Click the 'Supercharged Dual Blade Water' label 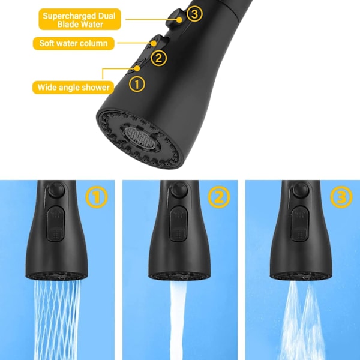point(80,19)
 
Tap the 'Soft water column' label point(73,43)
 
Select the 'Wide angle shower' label point(73,88)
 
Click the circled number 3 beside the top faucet point(194,14)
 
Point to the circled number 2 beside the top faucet point(158,58)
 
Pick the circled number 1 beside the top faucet point(137,84)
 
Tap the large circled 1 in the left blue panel point(97,197)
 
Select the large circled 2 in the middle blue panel point(219,197)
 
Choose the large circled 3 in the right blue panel point(341,197)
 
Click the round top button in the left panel point(56,190)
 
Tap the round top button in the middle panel point(179,190)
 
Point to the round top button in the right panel point(301,190)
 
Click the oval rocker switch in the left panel point(56,223)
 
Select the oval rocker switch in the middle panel point(179,223)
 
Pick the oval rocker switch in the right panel point(300,223)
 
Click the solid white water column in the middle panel point(178,320)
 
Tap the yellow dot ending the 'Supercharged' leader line point(179,20)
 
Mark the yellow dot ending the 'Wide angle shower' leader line point(137,68)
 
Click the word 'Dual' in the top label point(107,16)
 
